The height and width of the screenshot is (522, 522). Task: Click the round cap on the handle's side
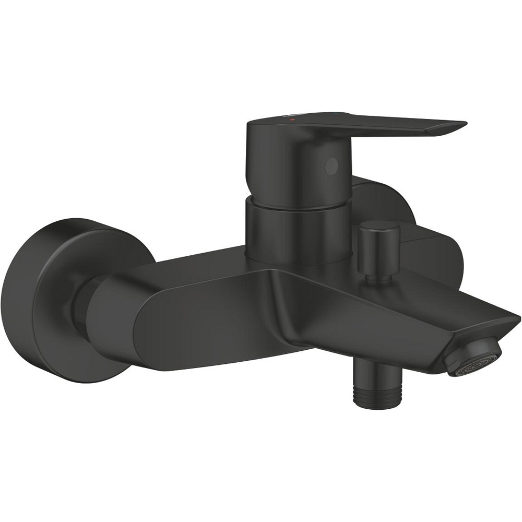pos(331,166)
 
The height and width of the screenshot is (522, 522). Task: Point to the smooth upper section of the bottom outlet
pos(375,373)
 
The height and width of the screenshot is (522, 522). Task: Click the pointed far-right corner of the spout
pos(517,316)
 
